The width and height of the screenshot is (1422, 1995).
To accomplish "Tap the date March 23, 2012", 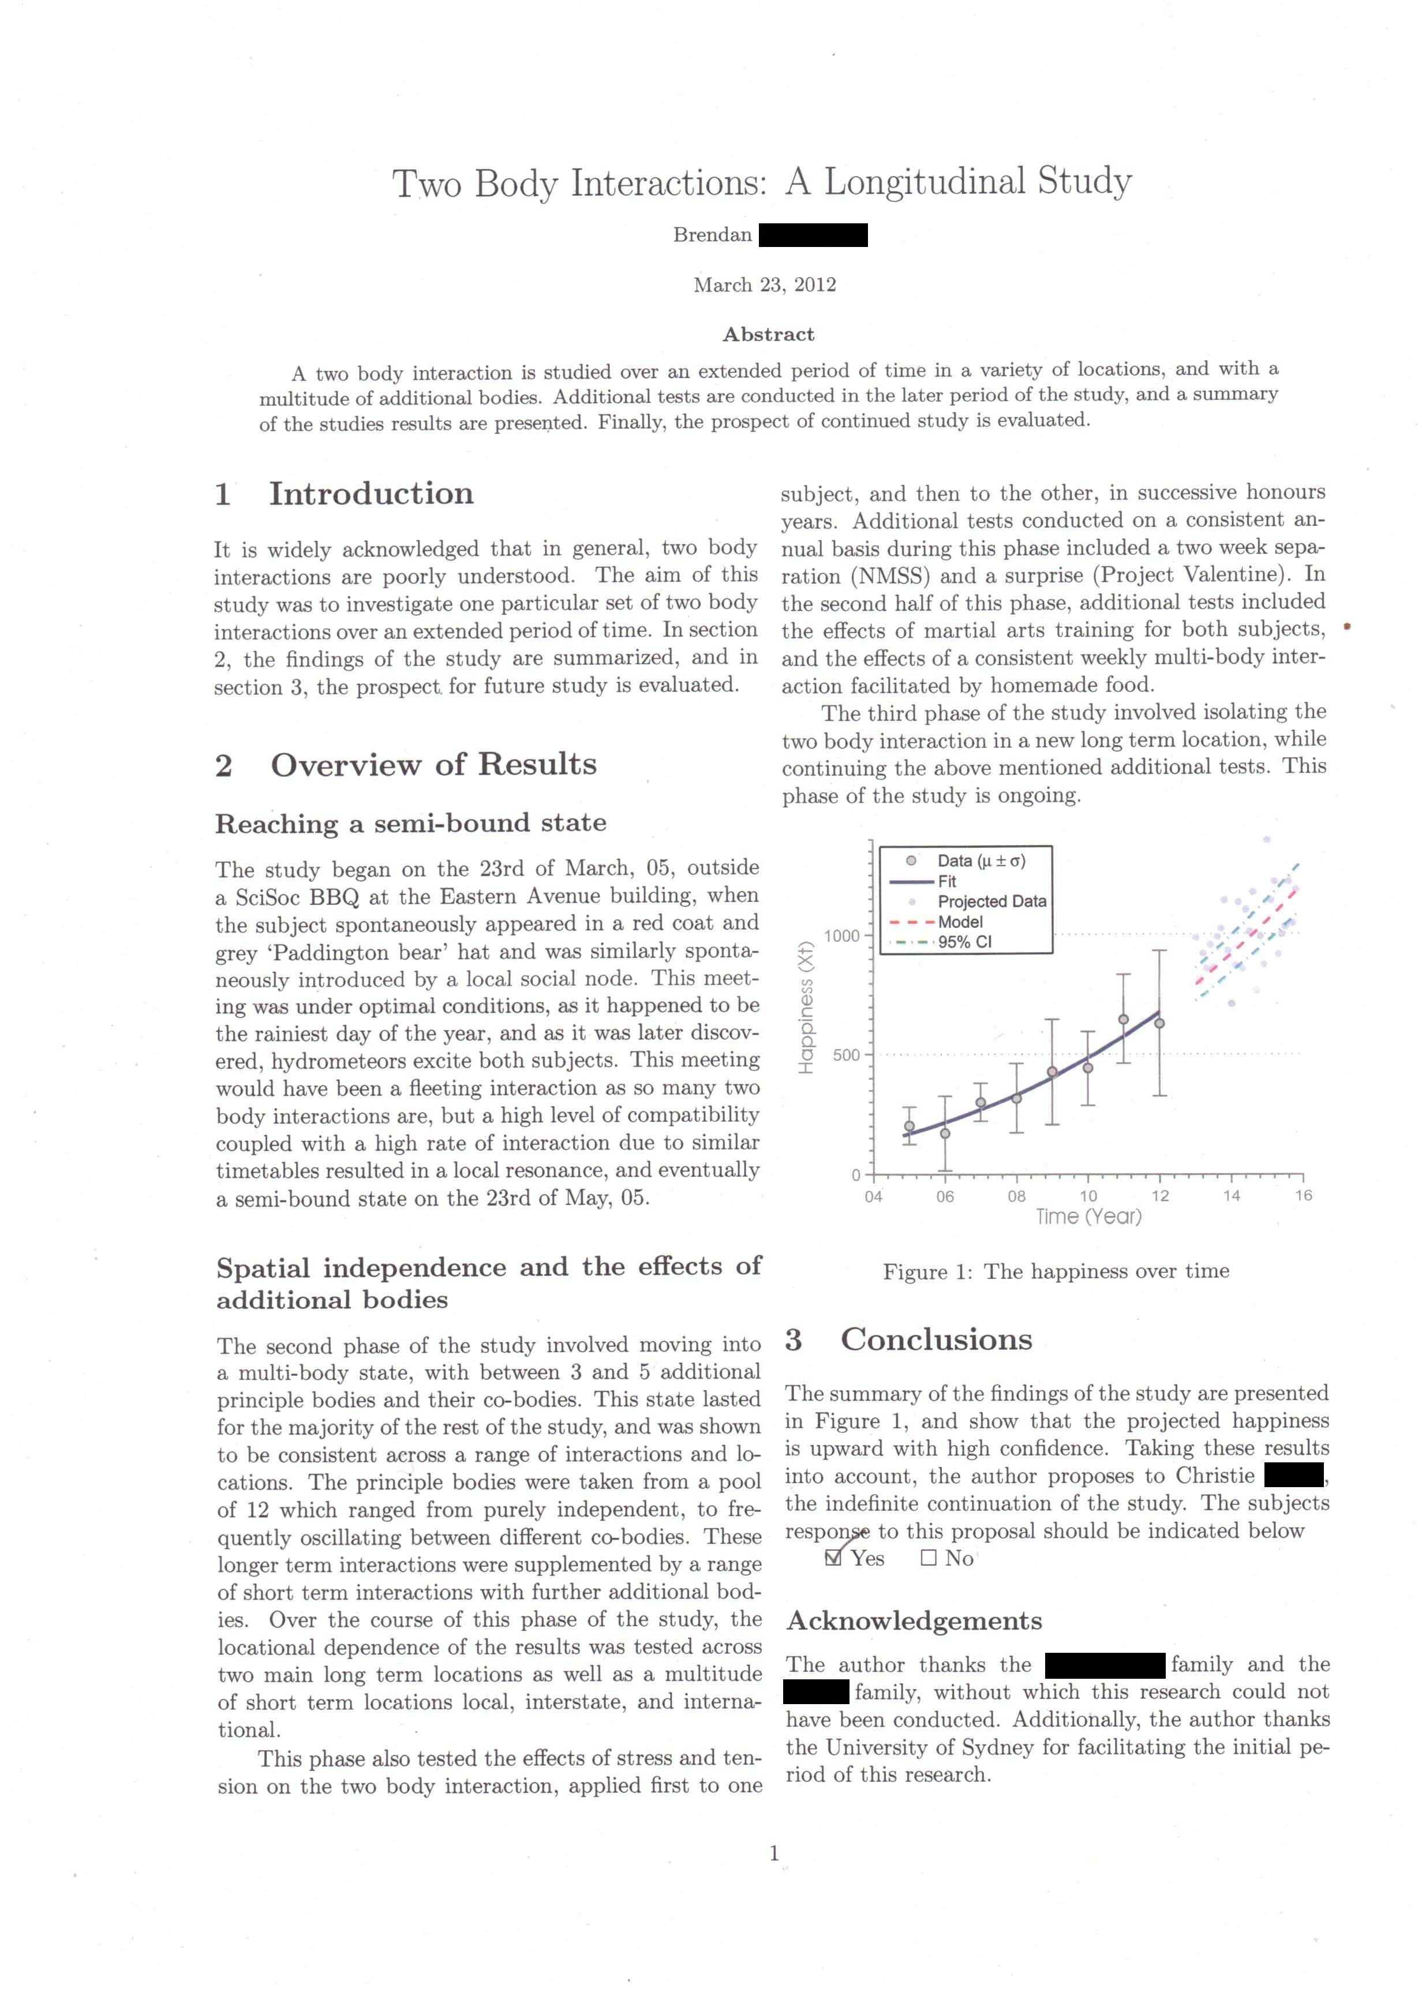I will (765, 286).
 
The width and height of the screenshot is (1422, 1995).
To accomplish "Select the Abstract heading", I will (768, 334).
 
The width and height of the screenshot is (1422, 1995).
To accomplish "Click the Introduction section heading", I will (371, 494).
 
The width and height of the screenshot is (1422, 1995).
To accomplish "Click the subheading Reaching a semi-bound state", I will (411, 823).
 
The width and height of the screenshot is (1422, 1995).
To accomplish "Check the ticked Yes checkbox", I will (833, 1558).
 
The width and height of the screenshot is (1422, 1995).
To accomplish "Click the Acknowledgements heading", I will (914, 1620).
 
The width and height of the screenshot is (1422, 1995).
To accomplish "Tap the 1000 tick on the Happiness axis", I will (843, 936).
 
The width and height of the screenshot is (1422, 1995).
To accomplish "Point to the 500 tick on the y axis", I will (847, 1055).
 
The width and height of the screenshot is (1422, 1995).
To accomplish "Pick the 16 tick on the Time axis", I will (1303, 1196).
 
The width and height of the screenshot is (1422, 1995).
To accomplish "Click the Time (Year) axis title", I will (1088, 1217).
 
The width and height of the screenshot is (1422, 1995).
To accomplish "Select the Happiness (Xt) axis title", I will (806, 1006).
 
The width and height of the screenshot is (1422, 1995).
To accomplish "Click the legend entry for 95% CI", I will (964, 942).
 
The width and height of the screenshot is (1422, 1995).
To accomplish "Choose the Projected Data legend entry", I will (991, 901).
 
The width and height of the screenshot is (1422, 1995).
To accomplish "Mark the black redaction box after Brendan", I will (814, 235).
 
